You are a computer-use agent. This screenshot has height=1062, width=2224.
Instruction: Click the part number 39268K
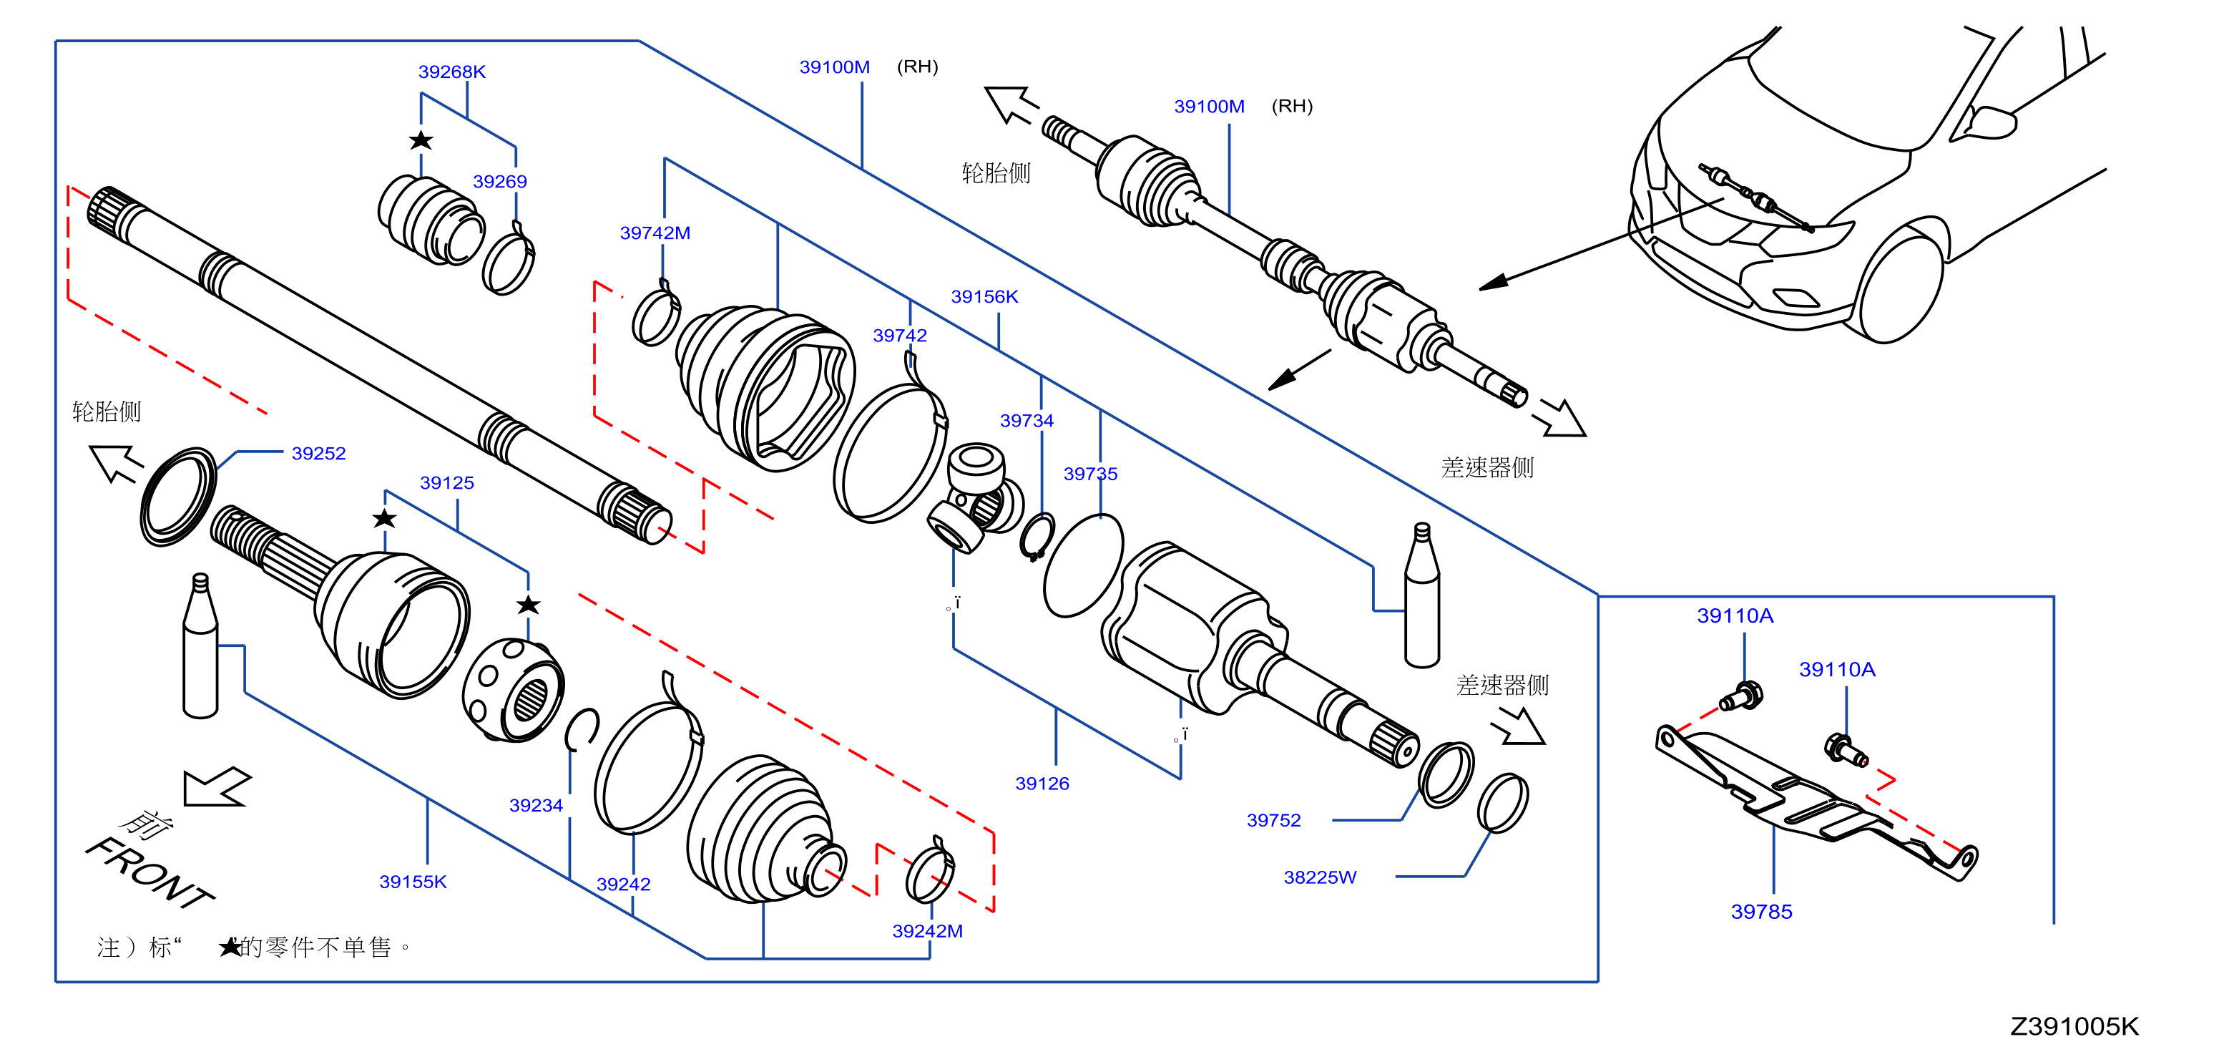click(x=451, y=72)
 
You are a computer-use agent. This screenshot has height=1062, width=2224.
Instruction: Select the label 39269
click(x=500, y=181)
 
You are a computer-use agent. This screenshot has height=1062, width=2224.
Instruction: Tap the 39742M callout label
click(x=655, y=233)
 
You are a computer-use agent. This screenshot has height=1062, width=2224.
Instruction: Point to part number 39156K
click(x=984, y=297)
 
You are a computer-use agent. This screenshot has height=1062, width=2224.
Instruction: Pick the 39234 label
click(x=536, y=806)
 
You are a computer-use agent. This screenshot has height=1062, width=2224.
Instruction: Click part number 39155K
click(x=413, y=882)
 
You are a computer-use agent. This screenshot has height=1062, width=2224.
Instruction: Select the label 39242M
click(x=927, y=932)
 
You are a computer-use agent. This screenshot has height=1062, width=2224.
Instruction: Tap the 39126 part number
click(x=1042, y=784)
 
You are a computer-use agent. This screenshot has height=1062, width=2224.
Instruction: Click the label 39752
click(x=1273, y=821)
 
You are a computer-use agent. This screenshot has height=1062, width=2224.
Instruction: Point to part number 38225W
click(x=1320, y=878)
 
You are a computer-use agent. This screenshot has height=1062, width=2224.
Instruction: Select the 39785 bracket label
click(x=1761, y=912)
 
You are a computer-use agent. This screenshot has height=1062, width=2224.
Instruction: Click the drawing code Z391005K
click(x=2074, y=1027)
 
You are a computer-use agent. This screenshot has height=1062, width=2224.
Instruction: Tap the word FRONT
click(x=150, y=873)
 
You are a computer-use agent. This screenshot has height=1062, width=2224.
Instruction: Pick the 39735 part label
click(x=1090, y=474)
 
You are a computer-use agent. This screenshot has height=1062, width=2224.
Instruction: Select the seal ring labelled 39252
click(x=178, y=497)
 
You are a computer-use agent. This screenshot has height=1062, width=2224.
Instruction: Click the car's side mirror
click(x=1990, y=122)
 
